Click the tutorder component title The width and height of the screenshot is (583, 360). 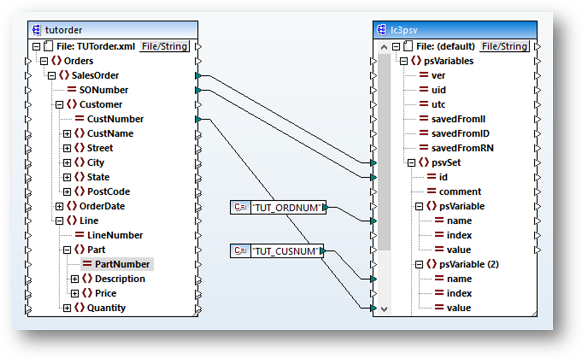[x=63, y=30]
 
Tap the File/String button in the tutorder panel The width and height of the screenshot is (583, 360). [x=165, y=47]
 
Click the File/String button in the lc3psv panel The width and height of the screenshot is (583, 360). [x=504, y=47]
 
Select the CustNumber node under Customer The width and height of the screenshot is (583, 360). [x=115, y=119]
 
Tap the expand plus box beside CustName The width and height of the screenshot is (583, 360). [x=67, y=133]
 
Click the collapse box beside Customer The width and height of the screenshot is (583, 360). [x=59, y=104]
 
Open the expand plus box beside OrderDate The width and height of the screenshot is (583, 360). [x=59, y=206]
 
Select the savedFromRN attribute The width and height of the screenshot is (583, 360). [x=462, y=148]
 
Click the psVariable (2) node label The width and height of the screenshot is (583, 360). [x=469, y=264]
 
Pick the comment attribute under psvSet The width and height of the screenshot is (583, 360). [x=460, y=191]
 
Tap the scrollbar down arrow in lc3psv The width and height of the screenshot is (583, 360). [x=384, y=309]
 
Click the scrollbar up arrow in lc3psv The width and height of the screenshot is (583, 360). [x=384, y=47]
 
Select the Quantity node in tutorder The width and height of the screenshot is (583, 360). [x=106, y=308]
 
